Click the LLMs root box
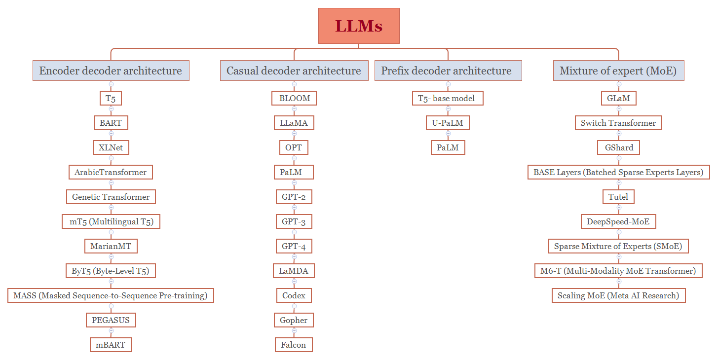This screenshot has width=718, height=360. tap(359, 26)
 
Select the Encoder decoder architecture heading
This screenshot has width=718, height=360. tap(111, 71)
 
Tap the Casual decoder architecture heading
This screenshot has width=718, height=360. tap(294, 71)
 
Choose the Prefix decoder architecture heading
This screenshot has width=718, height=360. tap(448, 71)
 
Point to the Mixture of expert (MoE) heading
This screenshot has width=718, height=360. tap(619, 71)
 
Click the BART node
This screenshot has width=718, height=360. tap(111, 123)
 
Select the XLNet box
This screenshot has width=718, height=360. tap(111, 147)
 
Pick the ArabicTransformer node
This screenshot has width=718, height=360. tap(111, 172)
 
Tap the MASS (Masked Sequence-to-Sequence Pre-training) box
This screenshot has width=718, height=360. tap(111, 295)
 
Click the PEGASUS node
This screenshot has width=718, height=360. tap(111, 320)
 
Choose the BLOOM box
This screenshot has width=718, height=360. tap(294, 98)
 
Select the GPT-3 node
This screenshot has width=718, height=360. tap(294, 221)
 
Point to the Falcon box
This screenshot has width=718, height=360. tap(294, 345)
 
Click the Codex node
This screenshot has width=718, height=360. tap(294, 295)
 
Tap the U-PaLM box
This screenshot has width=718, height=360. tap(448, 123)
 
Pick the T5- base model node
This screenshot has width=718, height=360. tap(448, 98)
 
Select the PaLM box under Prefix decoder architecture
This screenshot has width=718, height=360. tap(448, 147)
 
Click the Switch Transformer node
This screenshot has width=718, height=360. tap(619, 123)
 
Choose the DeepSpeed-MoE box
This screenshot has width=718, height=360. tap(619, 221)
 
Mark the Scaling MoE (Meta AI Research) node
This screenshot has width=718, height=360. tap(619, 295)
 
